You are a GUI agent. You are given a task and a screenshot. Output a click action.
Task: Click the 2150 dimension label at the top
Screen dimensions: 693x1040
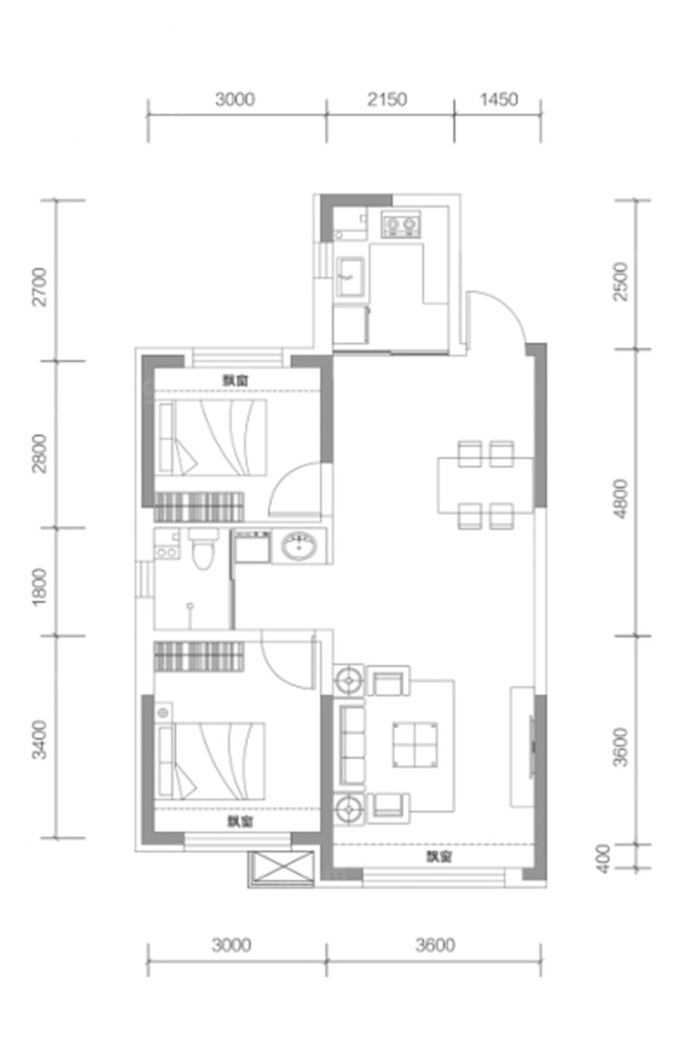tap(387, 100)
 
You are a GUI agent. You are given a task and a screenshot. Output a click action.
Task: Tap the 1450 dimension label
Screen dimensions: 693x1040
tap(498, 100)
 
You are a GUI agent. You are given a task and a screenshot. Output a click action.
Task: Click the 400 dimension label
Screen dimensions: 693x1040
tap(603, 859)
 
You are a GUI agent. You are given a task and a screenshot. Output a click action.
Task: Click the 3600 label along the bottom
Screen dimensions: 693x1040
tap(435, 945)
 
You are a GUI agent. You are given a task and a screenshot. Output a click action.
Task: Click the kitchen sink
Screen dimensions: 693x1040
tap(351, 276)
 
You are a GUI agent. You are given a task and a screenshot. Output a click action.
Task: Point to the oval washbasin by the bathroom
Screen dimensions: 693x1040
tap(300, 546)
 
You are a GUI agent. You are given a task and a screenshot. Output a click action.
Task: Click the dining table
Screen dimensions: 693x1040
tap(485, 485)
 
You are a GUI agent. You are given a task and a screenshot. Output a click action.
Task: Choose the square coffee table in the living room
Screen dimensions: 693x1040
tap(415, 744)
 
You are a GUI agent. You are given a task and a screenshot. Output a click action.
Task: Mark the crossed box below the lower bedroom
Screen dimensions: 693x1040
tap(282, 868)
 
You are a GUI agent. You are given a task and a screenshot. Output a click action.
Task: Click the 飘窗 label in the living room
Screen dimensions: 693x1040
tap(438, 856)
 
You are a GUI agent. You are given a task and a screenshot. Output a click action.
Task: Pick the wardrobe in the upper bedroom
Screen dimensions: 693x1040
tap(199, 507)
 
